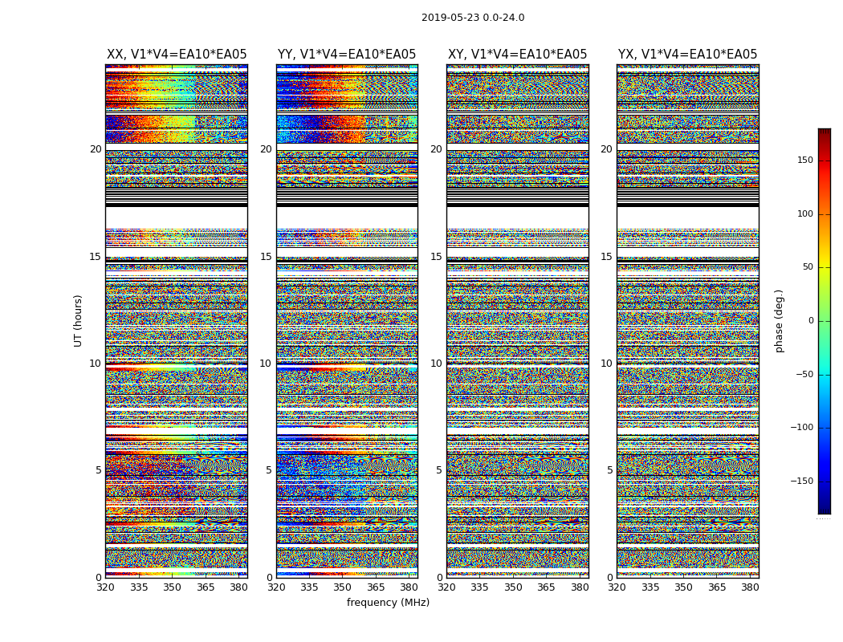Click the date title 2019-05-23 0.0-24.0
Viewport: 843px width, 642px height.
point(473,18)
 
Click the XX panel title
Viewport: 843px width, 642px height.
point(177,55)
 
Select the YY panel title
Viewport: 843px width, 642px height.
point(347,55)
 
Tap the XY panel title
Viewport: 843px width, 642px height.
point(517,55)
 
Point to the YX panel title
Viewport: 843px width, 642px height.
point(687,55)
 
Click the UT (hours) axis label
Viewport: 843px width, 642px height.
point(79,320)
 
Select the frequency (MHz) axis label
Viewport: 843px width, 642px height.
point(388,603)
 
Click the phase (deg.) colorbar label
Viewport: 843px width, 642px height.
point(779,320)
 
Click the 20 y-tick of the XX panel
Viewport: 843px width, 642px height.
point(96,149)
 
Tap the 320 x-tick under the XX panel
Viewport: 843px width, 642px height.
point(106,587)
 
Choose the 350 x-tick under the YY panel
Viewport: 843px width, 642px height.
point(343,587)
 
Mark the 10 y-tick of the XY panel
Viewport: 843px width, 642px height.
point(436,364)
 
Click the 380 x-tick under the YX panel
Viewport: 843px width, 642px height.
point(750,587)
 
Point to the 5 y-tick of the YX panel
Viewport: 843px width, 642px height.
point(609,470)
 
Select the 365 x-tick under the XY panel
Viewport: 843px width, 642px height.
point(546,587)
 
